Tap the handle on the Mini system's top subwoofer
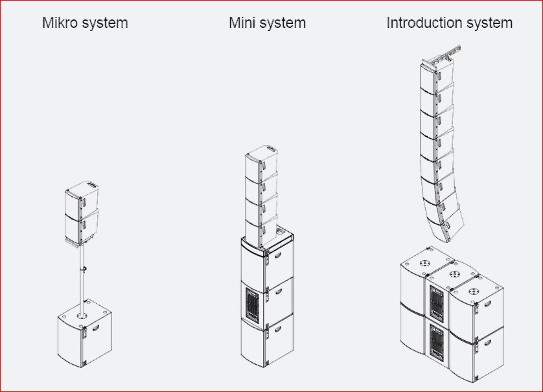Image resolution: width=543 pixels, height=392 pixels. [277, 257]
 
